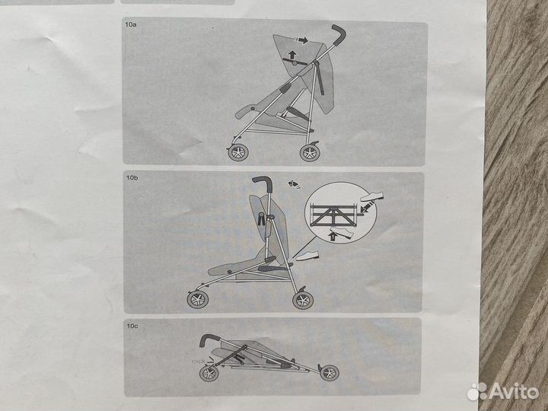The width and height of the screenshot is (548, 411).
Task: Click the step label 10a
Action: [131, 25]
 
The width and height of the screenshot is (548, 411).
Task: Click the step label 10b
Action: [132, 178]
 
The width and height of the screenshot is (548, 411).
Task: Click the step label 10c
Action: [132, 326]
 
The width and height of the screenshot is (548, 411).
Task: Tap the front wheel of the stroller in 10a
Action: [238, 153]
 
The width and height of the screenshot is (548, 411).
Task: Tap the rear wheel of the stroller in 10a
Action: [310, 153]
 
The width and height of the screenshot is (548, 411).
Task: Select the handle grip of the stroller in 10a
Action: [339, 34]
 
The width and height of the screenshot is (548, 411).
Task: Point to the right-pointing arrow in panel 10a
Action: [301, 40]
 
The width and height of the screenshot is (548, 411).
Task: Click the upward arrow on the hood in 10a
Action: [292, 55]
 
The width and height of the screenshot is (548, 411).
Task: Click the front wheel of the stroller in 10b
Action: [198, 300]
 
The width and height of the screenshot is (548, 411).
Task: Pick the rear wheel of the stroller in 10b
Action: [303, 300]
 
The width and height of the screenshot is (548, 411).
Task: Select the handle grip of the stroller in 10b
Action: [264, 183]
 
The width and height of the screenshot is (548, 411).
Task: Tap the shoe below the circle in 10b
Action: [307, 256]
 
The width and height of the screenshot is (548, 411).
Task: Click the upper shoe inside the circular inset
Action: [372, 196]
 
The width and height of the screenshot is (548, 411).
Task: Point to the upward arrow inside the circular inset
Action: [333, 237]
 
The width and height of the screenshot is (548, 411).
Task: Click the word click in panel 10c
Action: [199, 361]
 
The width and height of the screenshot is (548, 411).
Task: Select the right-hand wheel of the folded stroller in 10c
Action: [330, 373]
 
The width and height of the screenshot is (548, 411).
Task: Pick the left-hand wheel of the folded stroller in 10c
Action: [209, 373]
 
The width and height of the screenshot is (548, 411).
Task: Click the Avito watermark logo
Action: [502, 391]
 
